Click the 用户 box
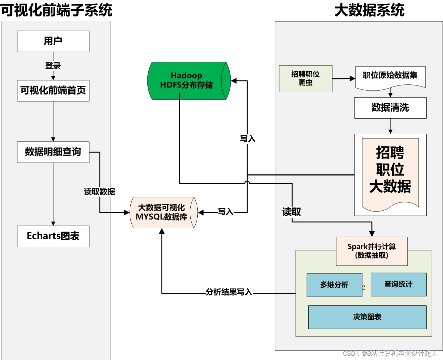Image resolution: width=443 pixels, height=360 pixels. click(x=53, y=41)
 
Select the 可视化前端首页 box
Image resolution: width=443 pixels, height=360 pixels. click(x=53, y=91)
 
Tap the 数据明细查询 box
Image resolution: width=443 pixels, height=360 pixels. click(x=53, y=152)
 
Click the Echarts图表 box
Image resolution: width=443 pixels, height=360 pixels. click(x=53, y=236)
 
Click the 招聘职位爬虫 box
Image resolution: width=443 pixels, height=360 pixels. click(x=305, y=78)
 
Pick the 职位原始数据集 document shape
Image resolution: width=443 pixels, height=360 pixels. click(x=390, y=76)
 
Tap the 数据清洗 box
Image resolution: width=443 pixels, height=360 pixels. click(x=390, y=108)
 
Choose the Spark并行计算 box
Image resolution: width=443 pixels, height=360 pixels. click(x=372, y=251)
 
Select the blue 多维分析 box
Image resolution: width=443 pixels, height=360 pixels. click(x=334, y=285)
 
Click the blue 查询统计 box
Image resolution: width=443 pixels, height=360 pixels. click(x=398, y=284)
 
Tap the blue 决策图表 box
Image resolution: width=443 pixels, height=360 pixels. click(x=367, y=317)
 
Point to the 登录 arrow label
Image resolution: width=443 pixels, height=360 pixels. click(x=53, y=66)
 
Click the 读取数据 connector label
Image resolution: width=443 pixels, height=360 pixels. click(x=100, y=192)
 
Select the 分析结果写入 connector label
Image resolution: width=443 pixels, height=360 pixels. click(x=229, y=292)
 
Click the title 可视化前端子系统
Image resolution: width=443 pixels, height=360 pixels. click(x=56, y=10)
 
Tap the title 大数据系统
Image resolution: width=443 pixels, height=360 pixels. click(x=369, y=10)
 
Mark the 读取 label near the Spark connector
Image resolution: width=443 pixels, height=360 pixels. click(x=292, y=212)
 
